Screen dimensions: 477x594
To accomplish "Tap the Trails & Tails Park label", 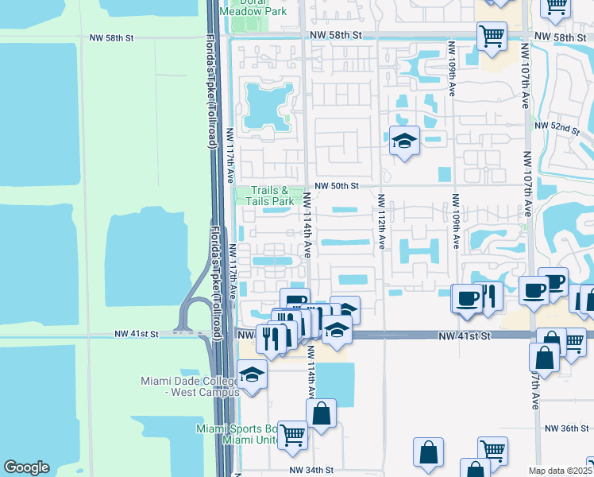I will point(272,196).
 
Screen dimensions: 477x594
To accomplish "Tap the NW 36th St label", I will point(567,428).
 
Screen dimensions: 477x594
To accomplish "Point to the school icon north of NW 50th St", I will point(404,141).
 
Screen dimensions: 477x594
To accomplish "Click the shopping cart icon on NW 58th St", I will point(492,35).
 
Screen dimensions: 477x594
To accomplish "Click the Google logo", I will point(26,467).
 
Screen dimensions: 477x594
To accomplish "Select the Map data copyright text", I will point(560,471).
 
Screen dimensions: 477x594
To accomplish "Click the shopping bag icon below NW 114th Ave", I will point(321,413).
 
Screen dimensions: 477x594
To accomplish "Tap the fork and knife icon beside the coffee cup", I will point(488,296).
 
